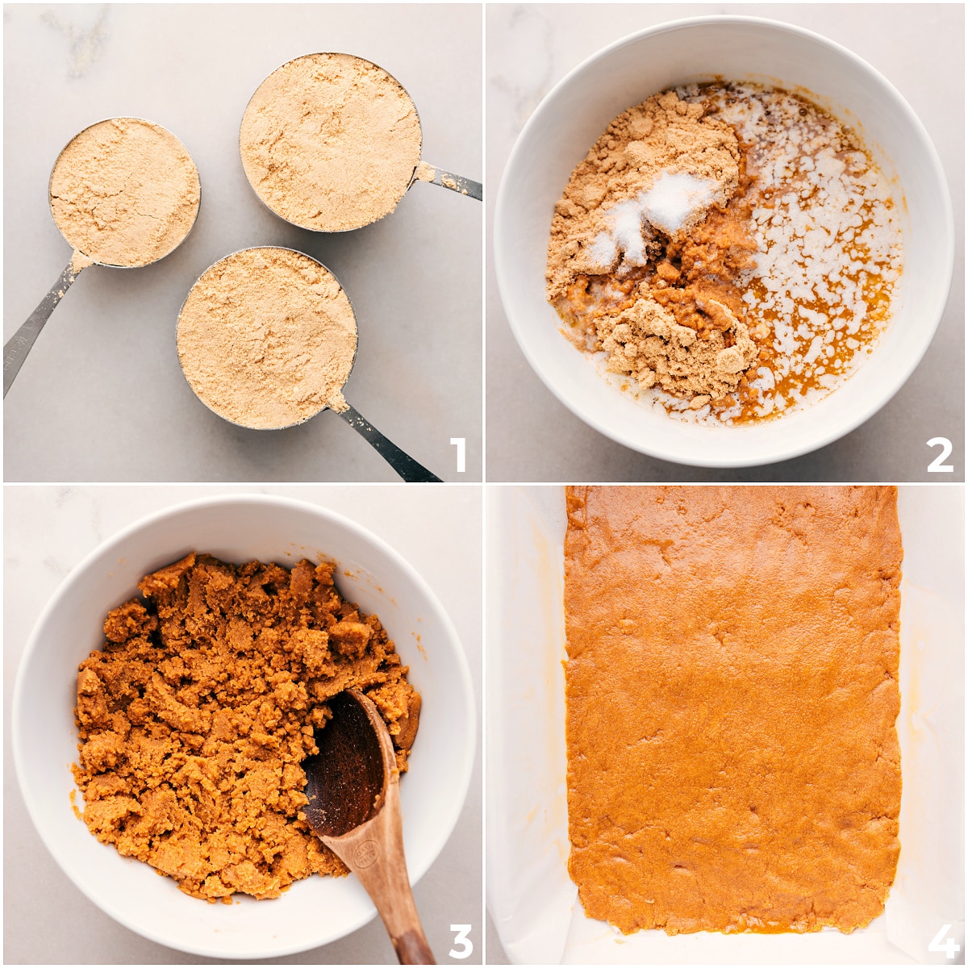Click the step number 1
(x=457, y=455)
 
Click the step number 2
(x=940, y=455)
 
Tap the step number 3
(x=460, y=941)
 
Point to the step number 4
(x=942, y=941)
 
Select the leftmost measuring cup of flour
(x=124, y=192)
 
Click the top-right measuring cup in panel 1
(x=330, y=142)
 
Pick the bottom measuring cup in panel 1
(x=266, y=337)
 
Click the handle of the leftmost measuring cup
(x=36, y=323)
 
